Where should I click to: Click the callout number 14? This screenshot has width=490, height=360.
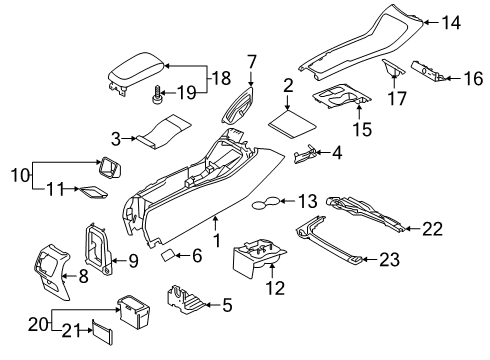pyautogui.click(x=451, y=23)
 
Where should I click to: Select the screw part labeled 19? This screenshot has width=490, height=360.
pyautogui.click(x=157, y=94)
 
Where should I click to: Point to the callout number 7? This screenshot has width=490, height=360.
pyautogui.click(x=252, y=62)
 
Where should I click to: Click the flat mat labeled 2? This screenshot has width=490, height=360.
pyautogui.click(x=292, y=124)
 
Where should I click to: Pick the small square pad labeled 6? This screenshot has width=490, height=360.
pyautogui.click(x=168, y=255)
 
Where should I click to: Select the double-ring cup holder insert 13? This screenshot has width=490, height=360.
pyautogui.click(x=266, y=203)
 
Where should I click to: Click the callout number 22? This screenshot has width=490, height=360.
pyautogui.click(x=433, y=229)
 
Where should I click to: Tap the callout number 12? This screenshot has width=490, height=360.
pyautogui.click(x=275, y=288)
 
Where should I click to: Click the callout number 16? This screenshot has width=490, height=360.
pyautogui.click(x=473, y=78)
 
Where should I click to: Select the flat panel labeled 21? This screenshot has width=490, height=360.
pyautogui.click(x=103, y=332)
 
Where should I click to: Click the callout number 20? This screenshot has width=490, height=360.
pyautogui.click(x=38, y=324)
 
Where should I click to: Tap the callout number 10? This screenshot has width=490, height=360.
pyautogui.click(x=20, y=175)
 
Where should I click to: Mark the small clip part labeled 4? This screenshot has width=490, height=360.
pyautogui.click(x=305, y=154)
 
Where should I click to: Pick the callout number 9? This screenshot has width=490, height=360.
pyautogui.click(x=133, y=261)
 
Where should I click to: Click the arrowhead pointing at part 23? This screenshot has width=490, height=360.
pyautogui.click(x=364, y=259)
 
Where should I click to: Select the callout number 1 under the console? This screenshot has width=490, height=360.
pyautogui.click(x=217, y=240)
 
